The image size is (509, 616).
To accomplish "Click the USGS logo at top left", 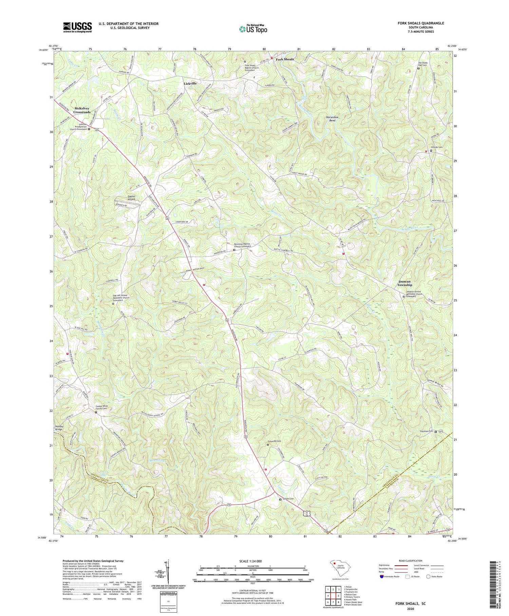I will click(77, 27).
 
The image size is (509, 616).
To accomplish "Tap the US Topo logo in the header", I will click(253, 29).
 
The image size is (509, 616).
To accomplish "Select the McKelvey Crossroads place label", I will click(82, 110).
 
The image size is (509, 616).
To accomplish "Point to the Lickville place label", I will click(190, 83).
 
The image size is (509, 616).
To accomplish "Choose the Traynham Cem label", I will click(426, 432).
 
